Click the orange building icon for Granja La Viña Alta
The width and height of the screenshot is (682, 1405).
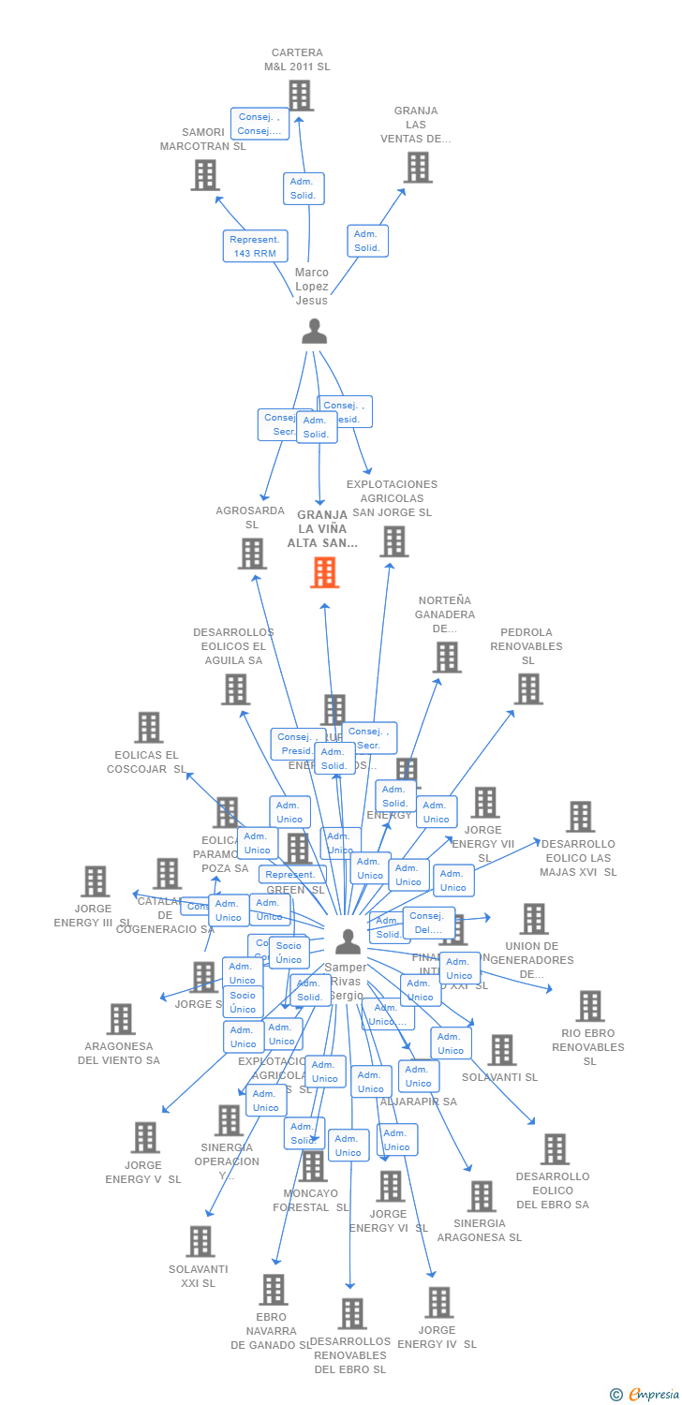[x=324, y=572]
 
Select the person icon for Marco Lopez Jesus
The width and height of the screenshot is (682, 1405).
[x=314, y=332]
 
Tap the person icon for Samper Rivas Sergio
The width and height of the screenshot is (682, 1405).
[x=348, y=941]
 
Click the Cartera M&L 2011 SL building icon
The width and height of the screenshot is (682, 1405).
[x=300, y=96]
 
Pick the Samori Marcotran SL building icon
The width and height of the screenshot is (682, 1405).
[x=205, y=174]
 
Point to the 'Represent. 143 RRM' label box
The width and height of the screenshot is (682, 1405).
[x=255, y=246]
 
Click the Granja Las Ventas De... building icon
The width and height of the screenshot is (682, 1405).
[x=417, y=167]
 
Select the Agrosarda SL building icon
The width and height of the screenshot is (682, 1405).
[x=252, y=554]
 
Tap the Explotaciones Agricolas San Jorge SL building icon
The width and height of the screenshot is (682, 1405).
[x=393, y=541]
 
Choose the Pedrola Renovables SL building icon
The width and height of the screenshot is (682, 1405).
[x=527, y=689]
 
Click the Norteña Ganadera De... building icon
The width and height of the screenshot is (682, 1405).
[x=447, y=658]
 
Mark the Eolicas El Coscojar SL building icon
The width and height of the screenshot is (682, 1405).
[x=148, y=728]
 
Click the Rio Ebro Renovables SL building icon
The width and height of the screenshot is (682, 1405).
[x=589, y=1006]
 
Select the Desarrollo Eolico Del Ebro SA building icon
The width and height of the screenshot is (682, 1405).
[x=554, y=1149]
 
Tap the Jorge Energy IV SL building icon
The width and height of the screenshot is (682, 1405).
[x=438, y=1303]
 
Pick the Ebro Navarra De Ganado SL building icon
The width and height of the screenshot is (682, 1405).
[x=273, y=1290]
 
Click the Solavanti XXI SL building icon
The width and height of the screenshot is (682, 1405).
[x=200, y=1241]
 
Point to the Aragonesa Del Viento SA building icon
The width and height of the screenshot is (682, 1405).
[x=121, y=1019]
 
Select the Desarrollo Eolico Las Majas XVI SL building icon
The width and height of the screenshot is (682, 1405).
[x=580, y=817]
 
